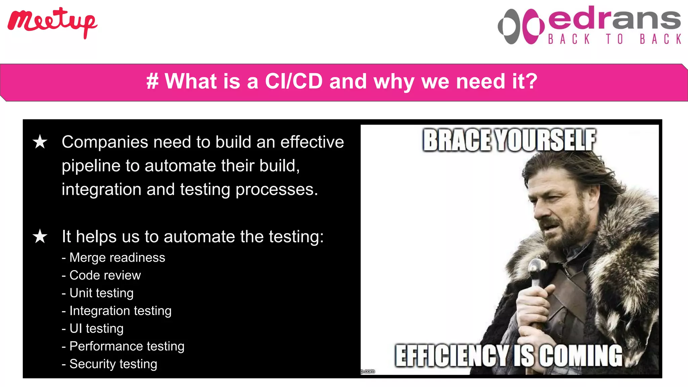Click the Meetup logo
(52, 22)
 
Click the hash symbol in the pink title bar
(152, 81)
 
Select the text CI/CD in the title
(294, 81)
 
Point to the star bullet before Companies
(40, 142)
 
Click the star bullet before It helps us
(40, 236)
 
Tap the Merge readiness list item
(114, 258)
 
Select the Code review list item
(101, 275)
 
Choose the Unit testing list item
(98, 293)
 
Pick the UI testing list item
(93, 329)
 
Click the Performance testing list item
(123, 346)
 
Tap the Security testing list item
(110, 364)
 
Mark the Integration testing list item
(117, 311)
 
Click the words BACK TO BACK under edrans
(615, 39)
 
